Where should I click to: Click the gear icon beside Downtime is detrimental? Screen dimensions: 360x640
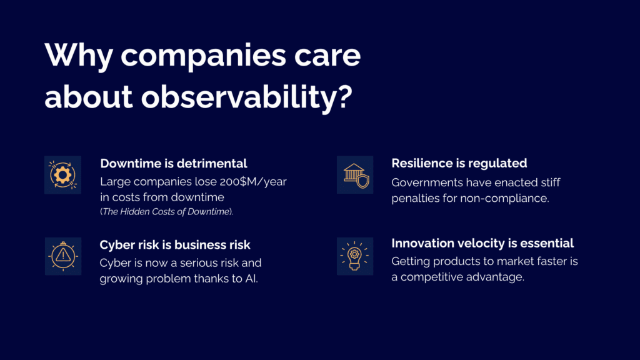pos(62,175)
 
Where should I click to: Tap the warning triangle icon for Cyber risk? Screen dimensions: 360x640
pos(62,256)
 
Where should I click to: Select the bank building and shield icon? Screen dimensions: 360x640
pos(355,175)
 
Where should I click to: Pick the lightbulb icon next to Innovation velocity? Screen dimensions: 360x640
pos(355,256)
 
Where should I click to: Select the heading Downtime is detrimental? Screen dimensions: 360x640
pos(173,164)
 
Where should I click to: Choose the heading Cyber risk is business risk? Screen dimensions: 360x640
pos(175,244)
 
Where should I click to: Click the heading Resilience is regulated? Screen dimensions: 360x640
pos(459,164)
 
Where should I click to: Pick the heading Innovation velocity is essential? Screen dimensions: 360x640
pos(482,243)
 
